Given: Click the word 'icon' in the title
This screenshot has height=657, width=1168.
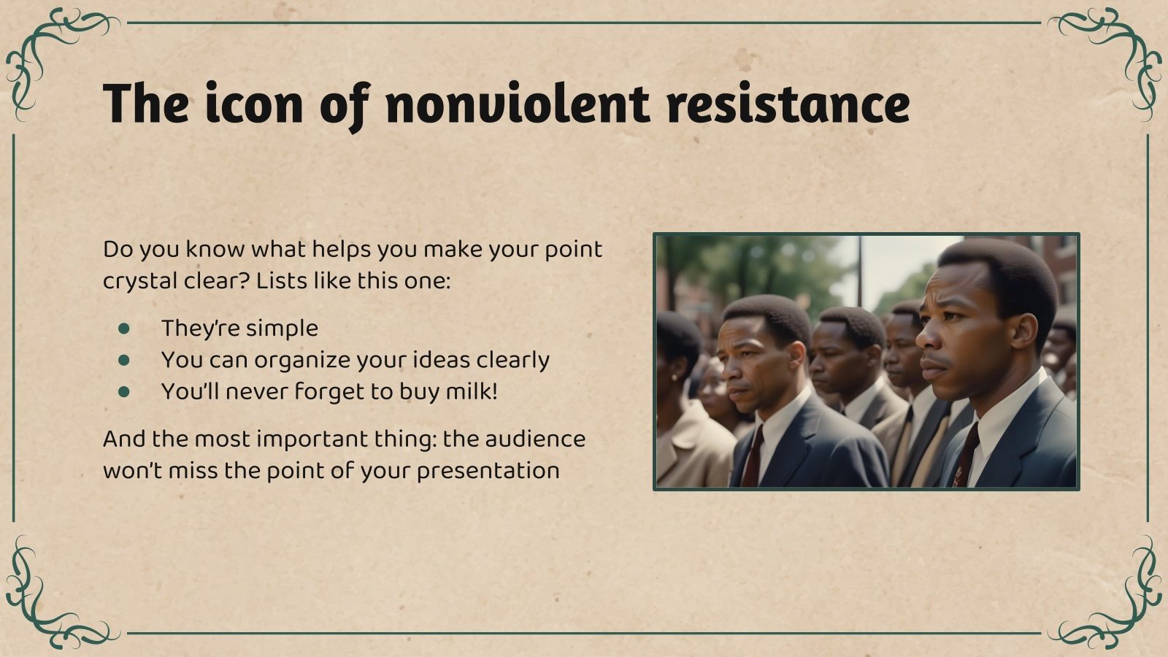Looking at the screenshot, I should [x=252, y=104].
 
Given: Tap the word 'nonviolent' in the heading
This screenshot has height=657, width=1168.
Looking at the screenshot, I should [x=517, y=104].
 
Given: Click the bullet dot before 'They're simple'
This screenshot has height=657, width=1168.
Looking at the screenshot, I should [x=124, y=328].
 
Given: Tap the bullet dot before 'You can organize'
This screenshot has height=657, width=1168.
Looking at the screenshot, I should [x=124, y=360].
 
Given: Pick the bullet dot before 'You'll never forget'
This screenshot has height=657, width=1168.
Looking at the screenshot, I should [x=124, y=392].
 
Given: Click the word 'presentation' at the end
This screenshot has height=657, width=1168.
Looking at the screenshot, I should [x=488, y=471].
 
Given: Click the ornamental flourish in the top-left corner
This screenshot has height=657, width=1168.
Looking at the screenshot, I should [x=44, y=51].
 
